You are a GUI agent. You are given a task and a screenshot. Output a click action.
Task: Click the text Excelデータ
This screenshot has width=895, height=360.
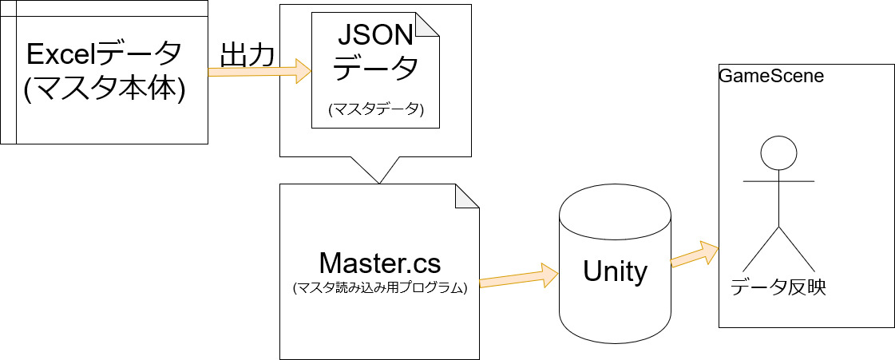click(x=104, y=55)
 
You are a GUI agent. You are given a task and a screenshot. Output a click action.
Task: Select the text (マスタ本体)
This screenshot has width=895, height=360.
click(x=104, y=89)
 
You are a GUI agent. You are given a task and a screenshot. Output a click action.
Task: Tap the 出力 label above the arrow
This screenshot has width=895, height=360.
click(x=248, y=55)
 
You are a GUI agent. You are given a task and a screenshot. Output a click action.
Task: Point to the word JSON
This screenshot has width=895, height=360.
click(x=375, y=37)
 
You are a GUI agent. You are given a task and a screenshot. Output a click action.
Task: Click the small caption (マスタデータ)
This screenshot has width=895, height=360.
click(x=375, y=111)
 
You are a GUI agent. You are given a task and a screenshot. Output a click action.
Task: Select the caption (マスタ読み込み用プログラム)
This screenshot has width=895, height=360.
click(x=379, y=288)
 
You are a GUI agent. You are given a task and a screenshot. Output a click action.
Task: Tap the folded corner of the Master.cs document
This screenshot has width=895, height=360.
click(x=467, y=196)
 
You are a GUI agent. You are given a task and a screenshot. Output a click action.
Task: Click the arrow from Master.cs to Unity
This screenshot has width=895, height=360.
click(x=518, y=276)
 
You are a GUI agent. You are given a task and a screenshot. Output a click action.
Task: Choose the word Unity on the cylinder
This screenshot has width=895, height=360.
click(x=615, y=272)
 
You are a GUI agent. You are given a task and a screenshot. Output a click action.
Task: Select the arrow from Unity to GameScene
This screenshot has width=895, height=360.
click(x=694, y=254)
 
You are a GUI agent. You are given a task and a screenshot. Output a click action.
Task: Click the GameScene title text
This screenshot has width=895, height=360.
click(x=771, y=77)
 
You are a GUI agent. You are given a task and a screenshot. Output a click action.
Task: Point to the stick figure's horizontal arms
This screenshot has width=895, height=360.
click(x=778, y=181)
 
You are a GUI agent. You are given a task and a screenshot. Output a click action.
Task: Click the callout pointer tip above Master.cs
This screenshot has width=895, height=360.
click(x=379, y=183)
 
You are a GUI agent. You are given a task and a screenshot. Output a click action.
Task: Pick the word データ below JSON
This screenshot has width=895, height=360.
click(x=375, y=69)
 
